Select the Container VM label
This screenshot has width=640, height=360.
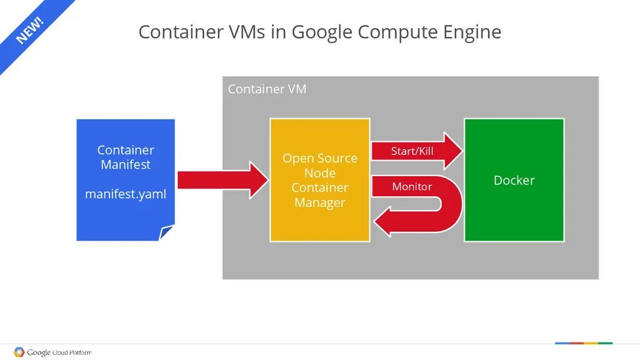[267, 89]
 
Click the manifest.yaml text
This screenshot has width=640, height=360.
[126, 194]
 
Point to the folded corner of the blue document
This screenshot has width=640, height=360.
[166, 232]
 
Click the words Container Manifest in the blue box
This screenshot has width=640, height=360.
[126, 157]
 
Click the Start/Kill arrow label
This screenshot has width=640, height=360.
[412, 151]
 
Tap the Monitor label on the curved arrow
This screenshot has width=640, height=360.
[411, 187]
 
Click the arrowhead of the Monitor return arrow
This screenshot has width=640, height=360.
[383, 222]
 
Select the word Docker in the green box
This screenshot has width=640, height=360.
[514, 181]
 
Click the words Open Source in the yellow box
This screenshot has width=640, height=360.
[319, 158]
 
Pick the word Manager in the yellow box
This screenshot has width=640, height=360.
[319, 202]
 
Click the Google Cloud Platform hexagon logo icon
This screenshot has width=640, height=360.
[19, 352]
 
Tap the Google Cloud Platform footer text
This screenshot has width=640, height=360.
[59, 352]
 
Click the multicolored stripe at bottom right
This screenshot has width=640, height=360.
[584, 343]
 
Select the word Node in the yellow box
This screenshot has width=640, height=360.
[319, 173]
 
